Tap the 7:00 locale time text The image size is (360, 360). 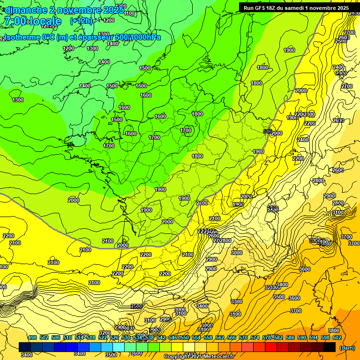(x=33, y=21)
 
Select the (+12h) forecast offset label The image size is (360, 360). (x=81, y=21)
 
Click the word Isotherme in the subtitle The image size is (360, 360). (x=21, y=37)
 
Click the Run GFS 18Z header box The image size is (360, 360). (x=296, y=7)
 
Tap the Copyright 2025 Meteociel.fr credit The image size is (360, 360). (x=199, y=357)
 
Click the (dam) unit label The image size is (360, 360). (x=346, y=348)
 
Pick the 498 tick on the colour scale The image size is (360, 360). (x=32, y=338)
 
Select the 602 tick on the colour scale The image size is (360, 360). (x=337, y=338)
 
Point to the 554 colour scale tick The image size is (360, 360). (x=196, y=338)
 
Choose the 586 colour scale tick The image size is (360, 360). (x=290, y=338)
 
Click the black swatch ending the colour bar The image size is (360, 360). (x=329, y=347)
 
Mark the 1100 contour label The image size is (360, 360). (x=130, y=13)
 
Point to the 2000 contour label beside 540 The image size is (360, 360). (x=277, y=134)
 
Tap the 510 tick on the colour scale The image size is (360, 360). (x=67, y=338)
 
